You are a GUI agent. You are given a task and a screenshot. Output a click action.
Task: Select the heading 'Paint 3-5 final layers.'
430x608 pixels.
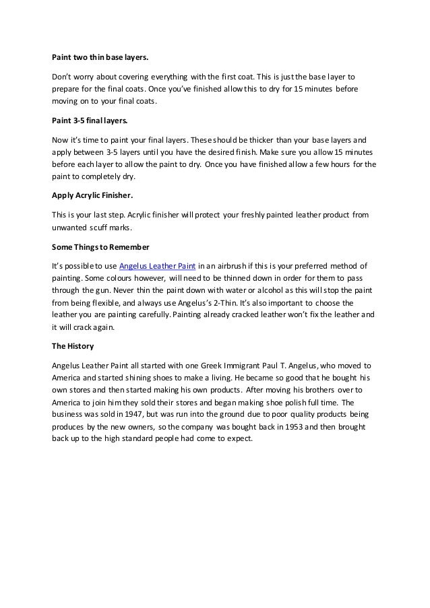[89, 121]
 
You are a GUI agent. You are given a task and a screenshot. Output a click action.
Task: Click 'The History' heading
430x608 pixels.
[72, 346]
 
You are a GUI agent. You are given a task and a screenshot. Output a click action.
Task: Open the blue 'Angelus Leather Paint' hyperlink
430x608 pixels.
[157, 265]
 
